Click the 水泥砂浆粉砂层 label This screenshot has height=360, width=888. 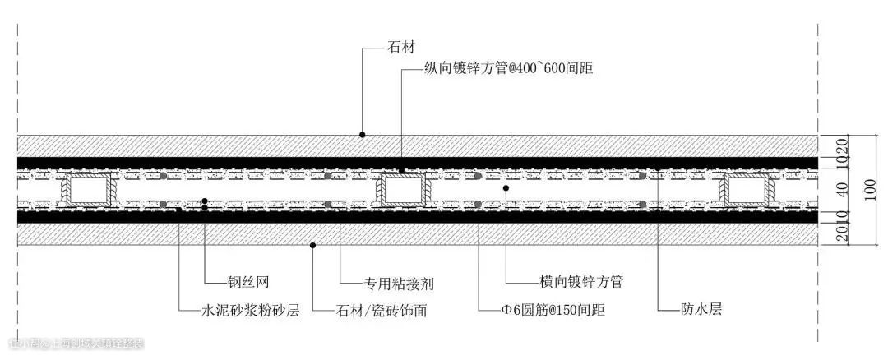coord(251,311)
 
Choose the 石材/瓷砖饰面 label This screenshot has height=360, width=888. coord(382,311)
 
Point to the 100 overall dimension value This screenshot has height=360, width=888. coord(870,188)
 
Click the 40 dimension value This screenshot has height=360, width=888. coord(840,188)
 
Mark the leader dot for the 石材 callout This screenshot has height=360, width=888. coord(362,134)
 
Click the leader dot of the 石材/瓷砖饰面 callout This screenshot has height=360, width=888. coord(313,245)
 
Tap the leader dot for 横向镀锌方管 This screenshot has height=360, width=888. coord(506,188)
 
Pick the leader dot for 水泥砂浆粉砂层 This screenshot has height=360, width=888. coord(179,210)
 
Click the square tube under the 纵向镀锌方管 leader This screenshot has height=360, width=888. coord(401,190)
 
